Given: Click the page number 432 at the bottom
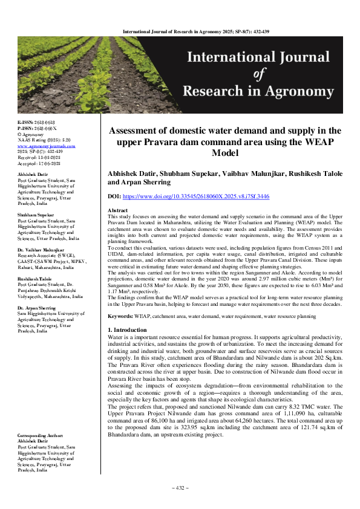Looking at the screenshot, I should click(180, 488).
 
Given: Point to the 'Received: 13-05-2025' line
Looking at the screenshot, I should click(40, 157).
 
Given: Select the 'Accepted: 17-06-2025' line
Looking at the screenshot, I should click(40, 163).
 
